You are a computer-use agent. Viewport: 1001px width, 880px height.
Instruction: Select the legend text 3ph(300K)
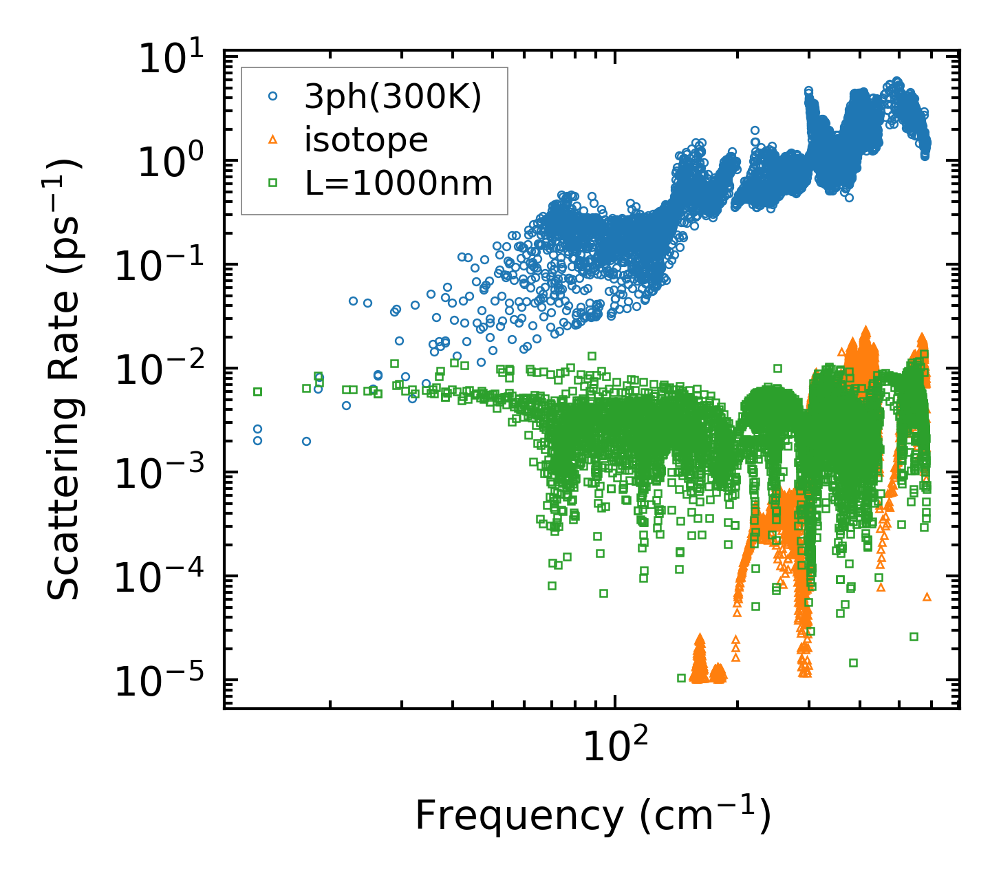393,98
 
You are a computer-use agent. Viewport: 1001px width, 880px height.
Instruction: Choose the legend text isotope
366,140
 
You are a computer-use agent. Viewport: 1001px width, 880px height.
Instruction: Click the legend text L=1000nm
398,183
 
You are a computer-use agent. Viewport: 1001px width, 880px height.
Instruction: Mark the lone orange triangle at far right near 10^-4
927,597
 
